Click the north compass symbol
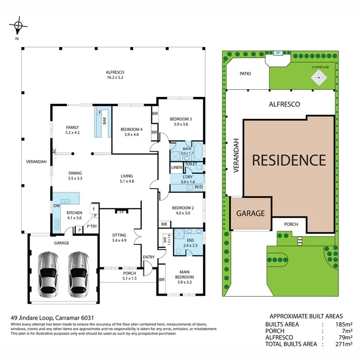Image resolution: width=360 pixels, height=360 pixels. pos(18,25)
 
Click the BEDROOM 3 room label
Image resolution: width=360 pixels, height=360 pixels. pos(180,121)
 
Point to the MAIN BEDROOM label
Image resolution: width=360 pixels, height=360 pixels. pos(184,275)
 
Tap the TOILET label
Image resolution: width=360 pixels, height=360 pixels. pos(191,164)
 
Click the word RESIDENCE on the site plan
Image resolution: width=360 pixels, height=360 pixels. pos(289,160)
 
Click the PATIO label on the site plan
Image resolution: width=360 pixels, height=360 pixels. pos(246,74)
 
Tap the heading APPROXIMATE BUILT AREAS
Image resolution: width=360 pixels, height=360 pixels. pos(306,316)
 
